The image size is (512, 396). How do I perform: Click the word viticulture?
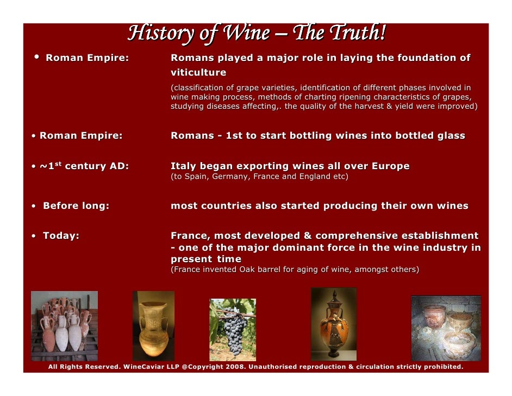[198, 72]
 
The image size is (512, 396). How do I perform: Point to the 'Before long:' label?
[76, 206]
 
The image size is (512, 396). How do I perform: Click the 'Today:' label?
[61, 236]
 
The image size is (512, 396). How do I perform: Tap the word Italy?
[183, 166]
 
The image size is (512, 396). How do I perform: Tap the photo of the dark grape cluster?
[233, 329]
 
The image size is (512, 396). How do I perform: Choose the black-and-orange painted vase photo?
[333, 324]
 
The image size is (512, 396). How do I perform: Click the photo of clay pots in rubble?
[446, 328]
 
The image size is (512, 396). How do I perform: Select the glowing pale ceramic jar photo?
[153, 325]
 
